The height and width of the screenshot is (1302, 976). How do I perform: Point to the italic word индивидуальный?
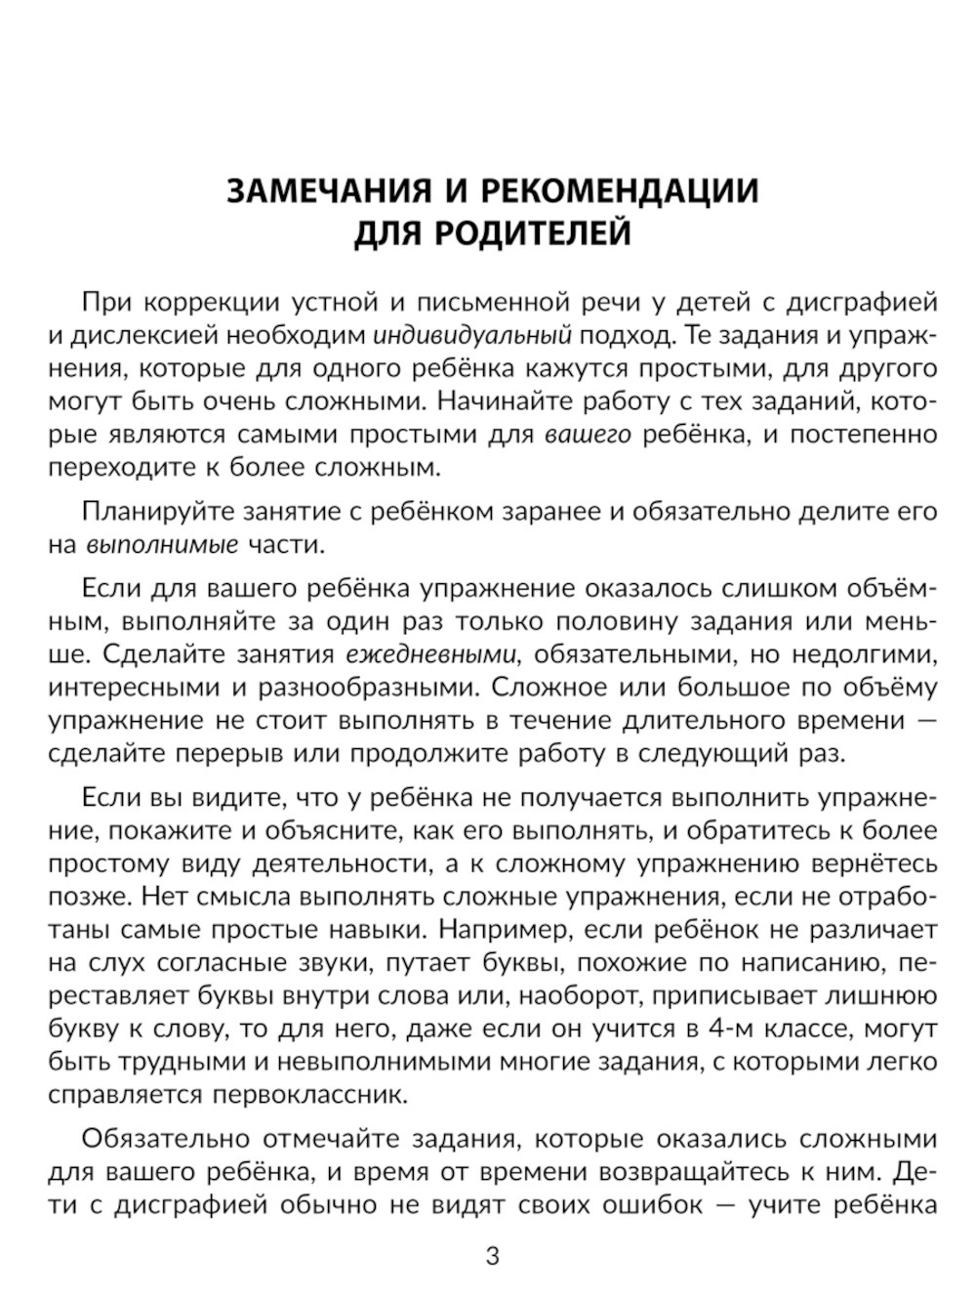pyautogui.click(x=472, y=335)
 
